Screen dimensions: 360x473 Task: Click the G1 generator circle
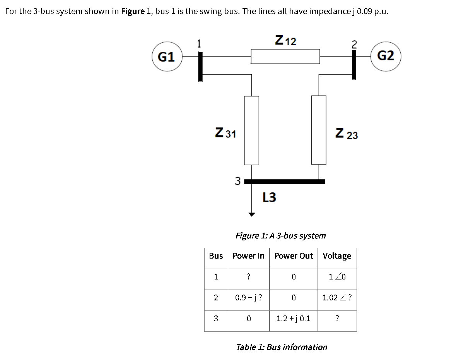coord(167,57)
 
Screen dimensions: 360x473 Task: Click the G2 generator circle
coord(385,57)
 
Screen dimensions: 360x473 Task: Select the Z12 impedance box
coord(285,57)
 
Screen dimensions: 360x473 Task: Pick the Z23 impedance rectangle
coord(319,130)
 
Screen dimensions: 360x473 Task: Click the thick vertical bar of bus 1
coord(200,67)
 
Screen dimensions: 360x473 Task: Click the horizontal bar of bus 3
coord(284,181)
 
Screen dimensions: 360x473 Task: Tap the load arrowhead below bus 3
coord(252,214)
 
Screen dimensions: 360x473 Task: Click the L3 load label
coord(269,197)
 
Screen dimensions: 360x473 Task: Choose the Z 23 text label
coord(347,134)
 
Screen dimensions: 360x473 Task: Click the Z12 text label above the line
coord(285,40)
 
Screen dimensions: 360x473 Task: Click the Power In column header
coord(248,256)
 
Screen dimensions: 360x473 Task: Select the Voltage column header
coord(337,256)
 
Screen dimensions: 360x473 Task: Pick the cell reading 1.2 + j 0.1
coord(294,319)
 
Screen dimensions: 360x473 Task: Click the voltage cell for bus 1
coord(337,277)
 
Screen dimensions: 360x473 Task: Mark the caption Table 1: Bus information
coord(282,347)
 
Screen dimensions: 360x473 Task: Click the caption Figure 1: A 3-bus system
coord(281,235)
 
